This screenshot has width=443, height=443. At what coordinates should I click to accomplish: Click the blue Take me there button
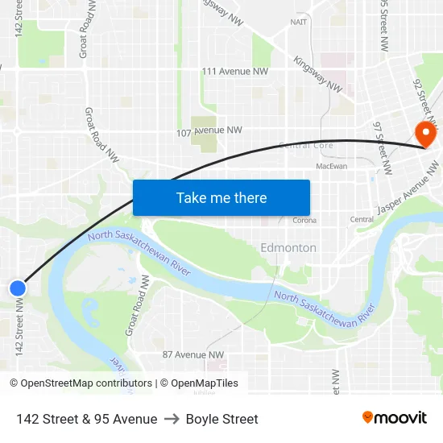point(221,198)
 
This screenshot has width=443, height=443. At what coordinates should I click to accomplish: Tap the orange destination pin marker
point(423,133)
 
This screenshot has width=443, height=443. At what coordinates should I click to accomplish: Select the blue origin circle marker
point(18,288)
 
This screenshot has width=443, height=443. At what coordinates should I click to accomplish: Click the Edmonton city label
point(288,248)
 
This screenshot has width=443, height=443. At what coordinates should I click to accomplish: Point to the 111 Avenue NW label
point(234,72)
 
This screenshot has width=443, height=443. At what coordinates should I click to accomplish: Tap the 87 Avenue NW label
point(193,354)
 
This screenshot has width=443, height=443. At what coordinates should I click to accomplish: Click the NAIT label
point(299,23)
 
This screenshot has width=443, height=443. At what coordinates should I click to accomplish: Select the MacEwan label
point(332,166)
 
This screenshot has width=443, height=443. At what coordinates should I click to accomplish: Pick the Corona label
point(304,220)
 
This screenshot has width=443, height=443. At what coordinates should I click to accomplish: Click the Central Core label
point(305,146)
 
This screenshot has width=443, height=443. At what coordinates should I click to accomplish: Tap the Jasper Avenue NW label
point(410,192)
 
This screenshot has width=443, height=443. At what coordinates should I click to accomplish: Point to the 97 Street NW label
point(382,148)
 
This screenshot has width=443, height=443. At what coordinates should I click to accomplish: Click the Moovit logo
point(395,418)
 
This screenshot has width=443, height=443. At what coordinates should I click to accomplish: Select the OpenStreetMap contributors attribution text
point(86,383)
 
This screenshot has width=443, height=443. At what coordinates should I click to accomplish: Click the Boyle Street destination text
point(222,419)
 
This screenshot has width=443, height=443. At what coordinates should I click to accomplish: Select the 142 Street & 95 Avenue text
point(86,419)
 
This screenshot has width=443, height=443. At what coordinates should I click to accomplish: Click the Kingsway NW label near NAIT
point(318,74)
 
